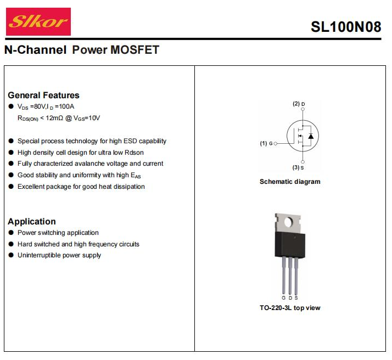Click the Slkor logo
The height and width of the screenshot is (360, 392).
coord(38,22)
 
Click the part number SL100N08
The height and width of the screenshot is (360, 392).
coord(345,27)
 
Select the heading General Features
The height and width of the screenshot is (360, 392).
coord(43,95)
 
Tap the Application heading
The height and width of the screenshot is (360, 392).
coord(32,222)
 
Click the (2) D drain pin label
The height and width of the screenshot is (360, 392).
coord(299,104)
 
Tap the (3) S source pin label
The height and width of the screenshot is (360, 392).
coord(299,167)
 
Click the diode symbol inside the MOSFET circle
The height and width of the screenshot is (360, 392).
coord(311,135)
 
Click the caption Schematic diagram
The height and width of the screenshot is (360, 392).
coord(290,182)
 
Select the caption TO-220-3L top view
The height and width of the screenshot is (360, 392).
coord(290,308)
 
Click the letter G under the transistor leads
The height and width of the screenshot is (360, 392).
coord(284,298)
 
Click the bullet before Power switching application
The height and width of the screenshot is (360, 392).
coord(11,233)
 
